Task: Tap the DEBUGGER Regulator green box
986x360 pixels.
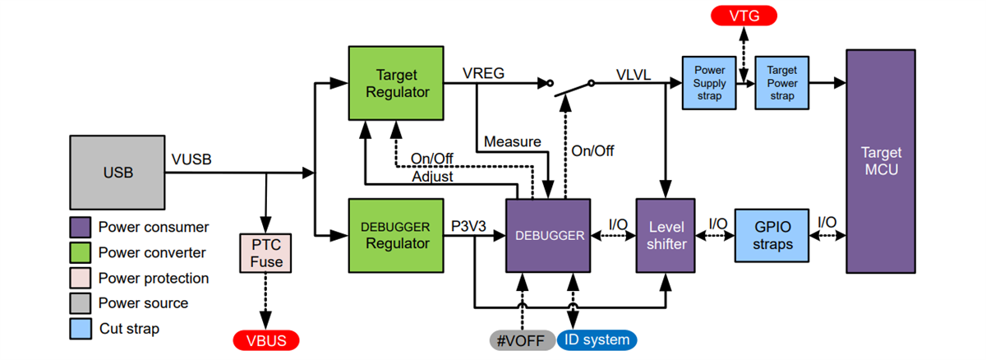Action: (x=396, y=235)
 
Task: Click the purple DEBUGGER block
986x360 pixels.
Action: (x=549, y=235)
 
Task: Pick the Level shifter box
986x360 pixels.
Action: (x=666, y=235)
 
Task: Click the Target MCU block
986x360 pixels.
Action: (x=881, y=161)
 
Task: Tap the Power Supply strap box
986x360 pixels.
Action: (x=709, y=83)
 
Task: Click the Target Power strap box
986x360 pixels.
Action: (x=782, y=83)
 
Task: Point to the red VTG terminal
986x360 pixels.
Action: (x=744, y=16)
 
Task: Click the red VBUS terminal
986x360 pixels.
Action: (x=265, y=340)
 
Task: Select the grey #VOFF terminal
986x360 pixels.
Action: (x=521, y=339)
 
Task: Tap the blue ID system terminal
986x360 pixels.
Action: (x=597, y=339)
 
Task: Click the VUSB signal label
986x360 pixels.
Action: (x=191, y=159)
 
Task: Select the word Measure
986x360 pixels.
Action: (x=512, y=141)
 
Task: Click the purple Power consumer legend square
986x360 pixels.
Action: (x=80, y=227)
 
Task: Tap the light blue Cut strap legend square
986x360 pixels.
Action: (x=80, y=329)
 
